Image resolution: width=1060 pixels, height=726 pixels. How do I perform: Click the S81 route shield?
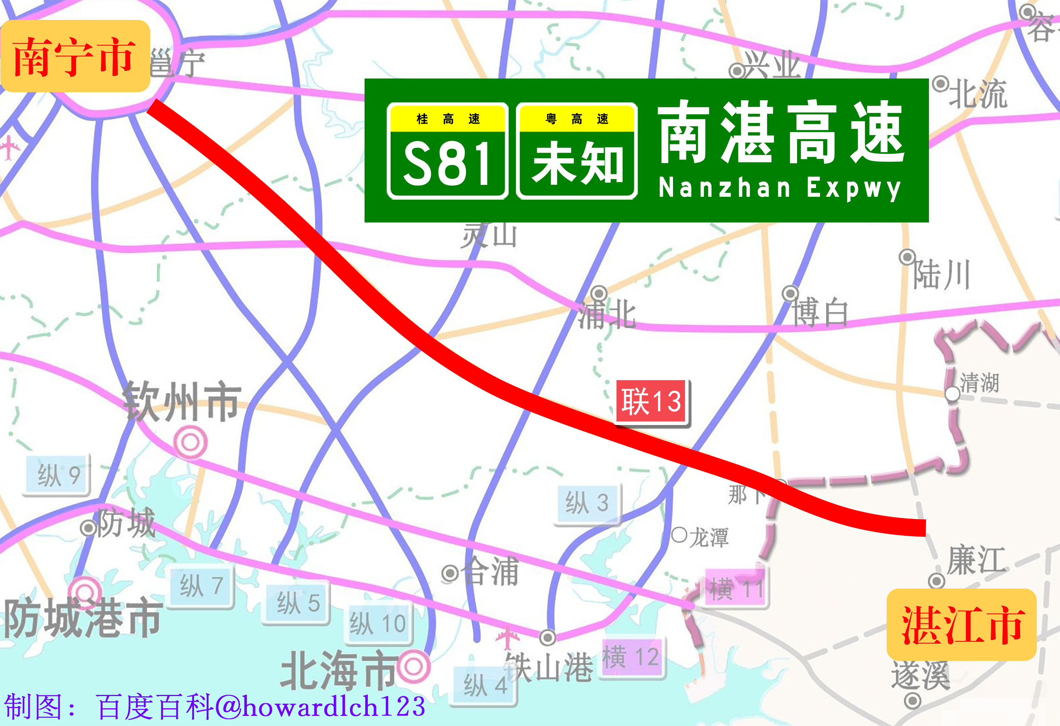(x=447, y=151)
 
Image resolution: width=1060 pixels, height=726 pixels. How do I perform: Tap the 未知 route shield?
(x=577, y=151)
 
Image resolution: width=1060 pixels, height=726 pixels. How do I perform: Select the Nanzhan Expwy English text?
(x=779, y=188)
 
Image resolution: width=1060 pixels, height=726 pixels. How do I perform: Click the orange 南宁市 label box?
(x=75, y=56)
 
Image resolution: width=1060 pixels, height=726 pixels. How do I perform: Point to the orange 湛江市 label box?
(x=962, y=624)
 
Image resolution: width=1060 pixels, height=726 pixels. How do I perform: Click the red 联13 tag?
(x=651, y=402)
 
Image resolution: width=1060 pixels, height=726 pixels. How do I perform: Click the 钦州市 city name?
(x=181, y=401)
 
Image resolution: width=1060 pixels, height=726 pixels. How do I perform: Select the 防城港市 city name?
(x=82, y=619)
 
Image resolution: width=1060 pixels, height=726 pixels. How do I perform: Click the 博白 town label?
(x=820, y=313)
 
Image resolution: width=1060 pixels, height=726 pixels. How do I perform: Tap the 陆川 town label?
(x=941, y=275)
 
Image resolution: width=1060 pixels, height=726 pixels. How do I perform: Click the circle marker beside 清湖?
(x=952, y=394)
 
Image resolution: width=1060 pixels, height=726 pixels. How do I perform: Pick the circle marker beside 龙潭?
(x=679, y=535)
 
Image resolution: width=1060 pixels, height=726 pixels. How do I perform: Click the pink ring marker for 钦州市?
(x=191, y=442)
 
